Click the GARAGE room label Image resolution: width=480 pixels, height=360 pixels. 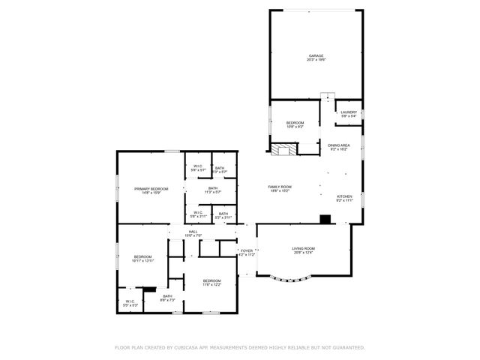point(316,57)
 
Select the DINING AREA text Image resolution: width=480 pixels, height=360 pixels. point(339,147)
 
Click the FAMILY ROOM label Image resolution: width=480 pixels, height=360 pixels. point(280,187)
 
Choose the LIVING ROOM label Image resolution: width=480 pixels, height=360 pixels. point(303,250)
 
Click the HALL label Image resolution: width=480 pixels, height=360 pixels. point(193,233)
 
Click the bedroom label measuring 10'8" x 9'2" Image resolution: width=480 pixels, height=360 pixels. point(295,124)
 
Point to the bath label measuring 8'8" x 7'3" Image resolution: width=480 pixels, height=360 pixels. point(167,298)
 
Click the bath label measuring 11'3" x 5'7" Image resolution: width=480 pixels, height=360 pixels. point(213,190)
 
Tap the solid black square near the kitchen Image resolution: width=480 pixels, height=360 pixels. point(325,220)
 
